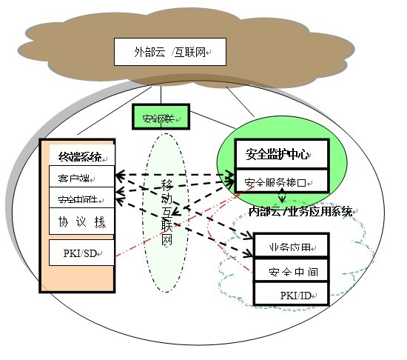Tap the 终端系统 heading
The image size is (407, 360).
coord(81,158)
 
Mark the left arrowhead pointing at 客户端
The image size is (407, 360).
coord(118,176)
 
